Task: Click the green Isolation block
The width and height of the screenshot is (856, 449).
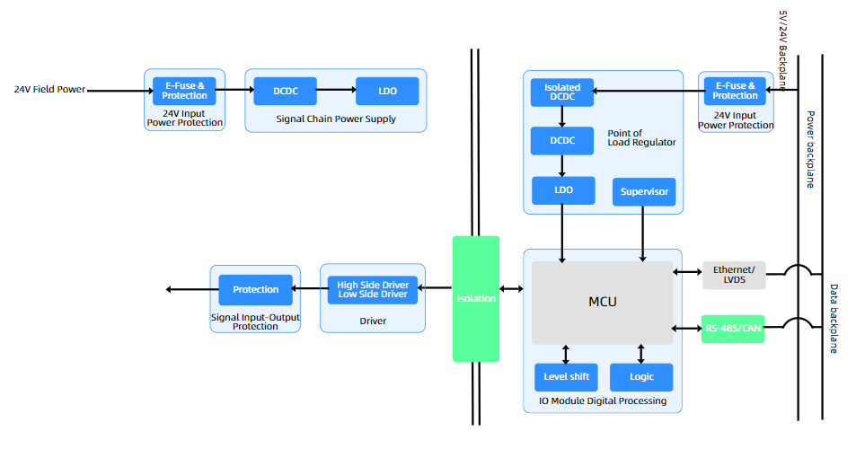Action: click(x=475, y=298)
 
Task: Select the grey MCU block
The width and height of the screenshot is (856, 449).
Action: click(x=602, y=303)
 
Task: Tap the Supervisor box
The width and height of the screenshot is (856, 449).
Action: click(x=643, y=192)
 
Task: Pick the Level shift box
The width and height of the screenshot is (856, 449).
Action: click(x=566, y=377)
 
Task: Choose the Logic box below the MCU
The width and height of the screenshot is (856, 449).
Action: click(x=641, y=377)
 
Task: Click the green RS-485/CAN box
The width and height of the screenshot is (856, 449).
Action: click(x=733, y=329)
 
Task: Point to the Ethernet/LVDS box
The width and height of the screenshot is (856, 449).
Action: click(x=734, y=275)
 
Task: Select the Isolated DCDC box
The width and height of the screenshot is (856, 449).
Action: click(x=562, y=92)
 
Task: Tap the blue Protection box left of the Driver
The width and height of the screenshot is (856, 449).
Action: click(x=256, y=289)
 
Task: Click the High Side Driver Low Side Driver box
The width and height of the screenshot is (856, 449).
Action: click(x=373, y=289)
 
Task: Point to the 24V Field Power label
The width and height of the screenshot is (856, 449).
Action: click(x=49, y=90)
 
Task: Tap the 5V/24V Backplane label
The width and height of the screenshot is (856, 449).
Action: click(x=781, y=50)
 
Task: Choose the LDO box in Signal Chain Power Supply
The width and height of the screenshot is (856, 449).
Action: click(x=387, y=91)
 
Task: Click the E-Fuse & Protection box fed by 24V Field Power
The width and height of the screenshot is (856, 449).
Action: click(x=184, y=91)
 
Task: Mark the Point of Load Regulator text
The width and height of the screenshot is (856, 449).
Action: click(x=641, y=137)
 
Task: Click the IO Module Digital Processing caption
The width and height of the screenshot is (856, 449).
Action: click(x=603, y=401)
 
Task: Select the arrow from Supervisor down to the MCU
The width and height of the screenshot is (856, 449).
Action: click(x=642, y=233)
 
